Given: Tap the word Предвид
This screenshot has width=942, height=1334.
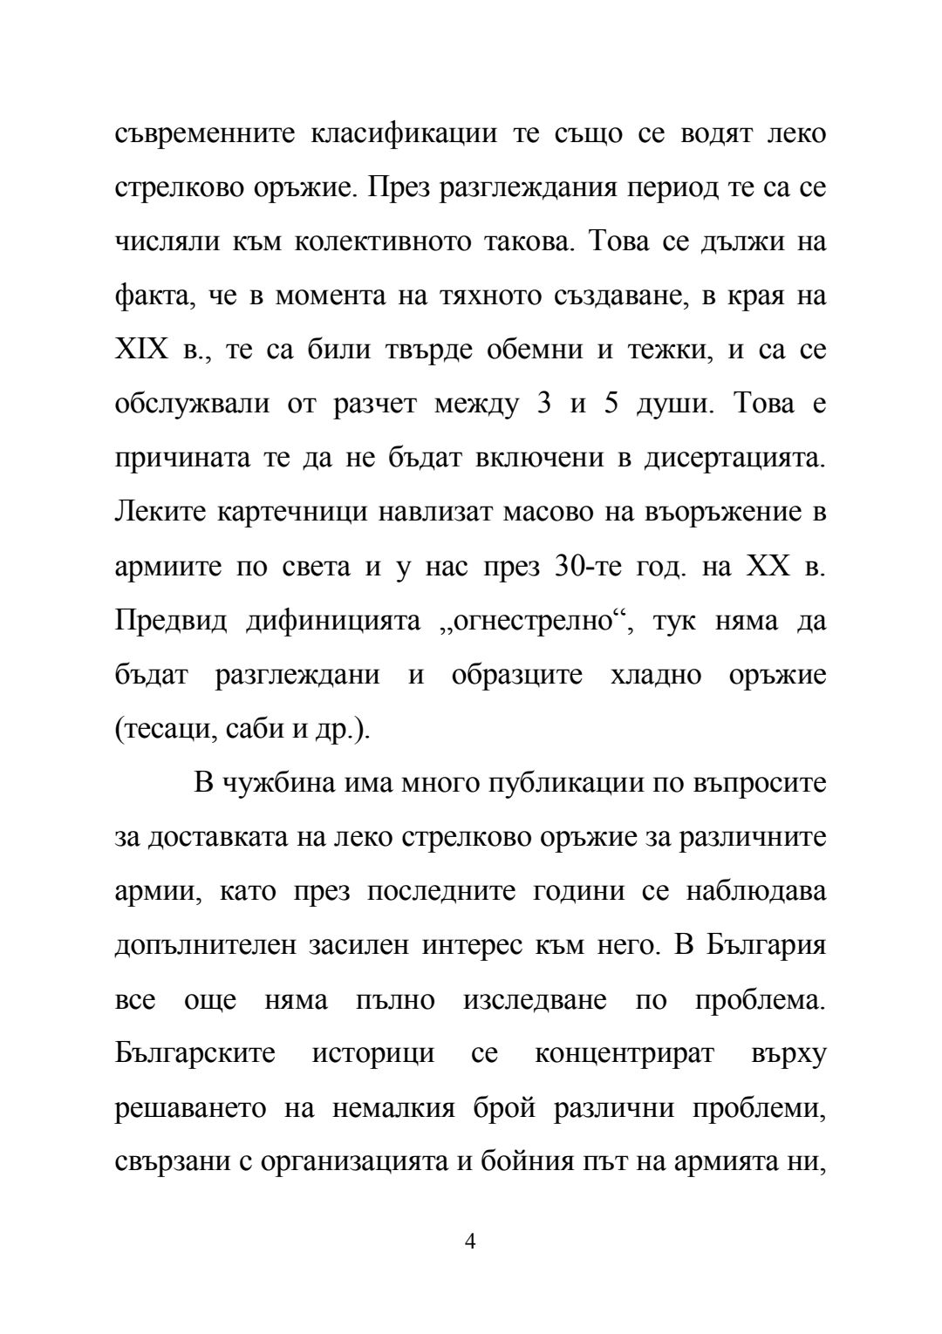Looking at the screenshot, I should [171, 621].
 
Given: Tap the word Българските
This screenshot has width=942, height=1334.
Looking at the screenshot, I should [195, 1053].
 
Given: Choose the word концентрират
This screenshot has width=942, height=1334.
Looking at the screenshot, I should [624, 1053].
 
